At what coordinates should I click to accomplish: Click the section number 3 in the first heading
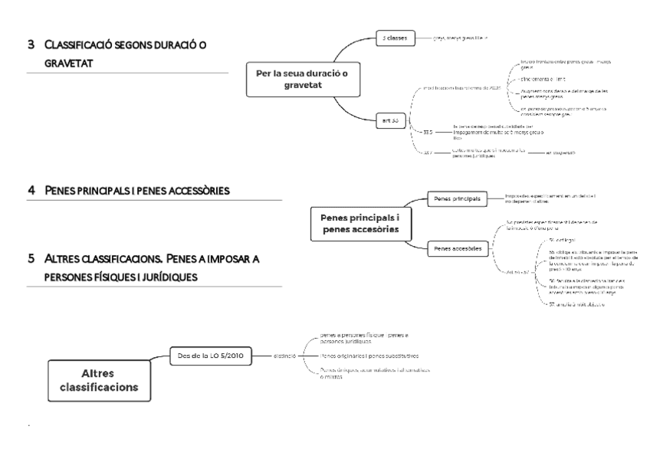(31, 44)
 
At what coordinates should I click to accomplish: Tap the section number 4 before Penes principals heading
(31, 189)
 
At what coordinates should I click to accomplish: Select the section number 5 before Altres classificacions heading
(31, 259)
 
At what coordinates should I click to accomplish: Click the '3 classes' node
(395, 37)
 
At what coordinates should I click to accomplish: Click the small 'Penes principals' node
(456, 199)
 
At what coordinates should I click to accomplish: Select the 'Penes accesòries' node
(458, 248)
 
